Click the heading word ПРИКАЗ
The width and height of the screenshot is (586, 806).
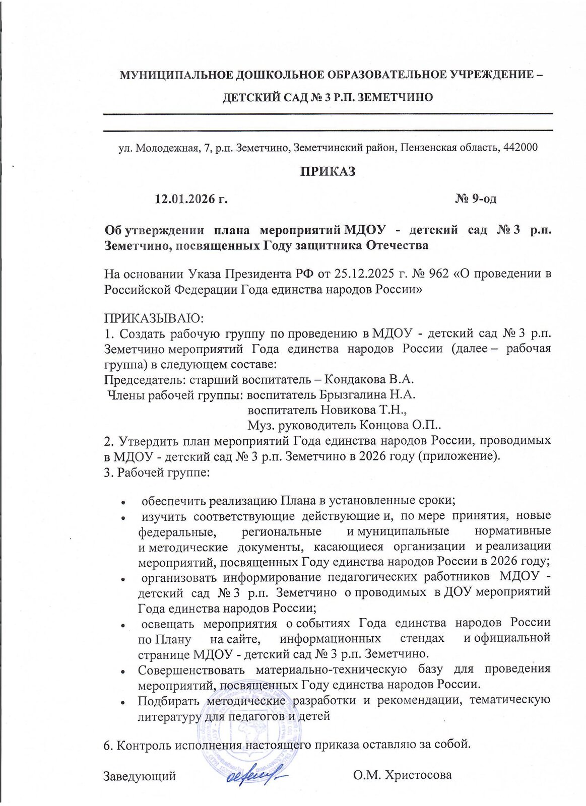328,171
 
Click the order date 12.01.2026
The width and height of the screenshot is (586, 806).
184,199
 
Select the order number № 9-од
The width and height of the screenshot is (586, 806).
476,199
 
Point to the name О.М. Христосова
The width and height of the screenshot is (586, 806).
402,775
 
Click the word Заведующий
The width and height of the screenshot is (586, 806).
140,776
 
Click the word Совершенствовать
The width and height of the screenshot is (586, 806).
191,669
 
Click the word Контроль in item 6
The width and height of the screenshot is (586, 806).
144,745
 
